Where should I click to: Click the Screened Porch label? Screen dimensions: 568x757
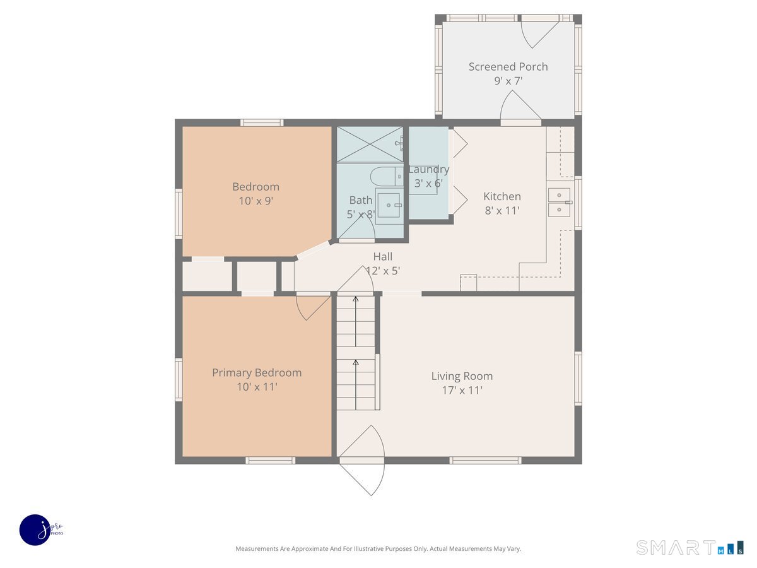(508, 66)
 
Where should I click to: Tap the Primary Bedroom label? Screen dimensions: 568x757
(257, 372)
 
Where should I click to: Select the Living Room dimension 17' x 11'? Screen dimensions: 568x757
(462, 390)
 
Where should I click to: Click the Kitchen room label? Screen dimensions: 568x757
(502, 196)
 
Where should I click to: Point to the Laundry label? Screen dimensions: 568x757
(428, 169)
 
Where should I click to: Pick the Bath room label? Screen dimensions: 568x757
(360, 200)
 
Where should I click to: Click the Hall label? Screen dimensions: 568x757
(382, 256)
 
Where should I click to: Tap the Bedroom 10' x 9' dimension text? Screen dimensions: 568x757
(255, 201)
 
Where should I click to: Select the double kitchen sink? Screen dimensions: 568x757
(559, 202)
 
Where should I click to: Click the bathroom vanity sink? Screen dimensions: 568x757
(389, 205)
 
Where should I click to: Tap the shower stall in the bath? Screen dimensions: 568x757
(369, 144)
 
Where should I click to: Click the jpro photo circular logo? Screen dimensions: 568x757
(35, 530)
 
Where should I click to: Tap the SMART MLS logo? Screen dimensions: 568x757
(690, 547)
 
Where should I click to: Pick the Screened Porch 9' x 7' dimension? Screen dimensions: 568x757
(508, 81)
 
